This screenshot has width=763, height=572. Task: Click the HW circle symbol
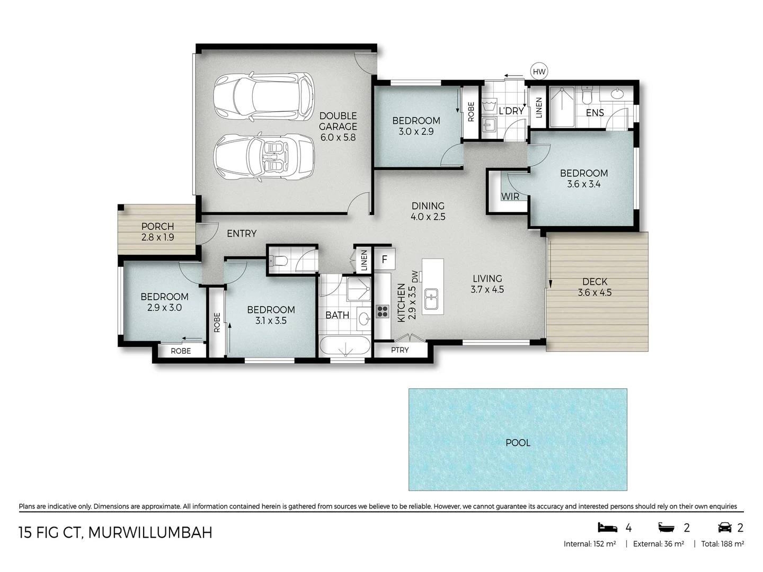click(x=539, y=71)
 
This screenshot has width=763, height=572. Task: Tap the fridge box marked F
click(x=384, y=260)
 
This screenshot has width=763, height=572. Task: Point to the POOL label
click(x=518, y=443)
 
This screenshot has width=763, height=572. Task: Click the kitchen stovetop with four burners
click(x=383, y=311)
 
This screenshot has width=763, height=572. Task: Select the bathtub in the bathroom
click(x=344, y=348)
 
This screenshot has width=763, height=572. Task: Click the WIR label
click(x=510, y=196)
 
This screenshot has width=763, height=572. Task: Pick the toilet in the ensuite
click(x=587, y=96)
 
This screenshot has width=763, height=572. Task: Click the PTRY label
click(x=400, y=350)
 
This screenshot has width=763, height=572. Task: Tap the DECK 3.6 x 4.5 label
click(x=595, y=287)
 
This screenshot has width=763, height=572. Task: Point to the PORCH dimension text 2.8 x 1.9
click(x=157, y=237)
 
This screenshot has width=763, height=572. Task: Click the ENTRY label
click(x=242, y=234)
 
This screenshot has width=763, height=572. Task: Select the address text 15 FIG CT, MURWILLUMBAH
click(x=116, y=532)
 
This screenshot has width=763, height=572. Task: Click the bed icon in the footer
click(x=607, y=528)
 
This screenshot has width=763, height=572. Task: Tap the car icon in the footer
click(x=724, y=528)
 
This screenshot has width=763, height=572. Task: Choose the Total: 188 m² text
click(x=722, y=544)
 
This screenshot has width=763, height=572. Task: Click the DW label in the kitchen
click(x=414, y=276)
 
